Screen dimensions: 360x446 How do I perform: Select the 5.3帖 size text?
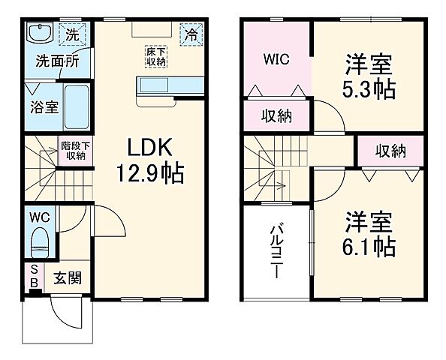tap(369, 90)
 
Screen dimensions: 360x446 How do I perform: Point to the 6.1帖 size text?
tap(370, 244)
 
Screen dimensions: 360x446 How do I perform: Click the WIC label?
tap(276, 58)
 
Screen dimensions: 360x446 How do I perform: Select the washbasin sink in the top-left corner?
tap(38, 33)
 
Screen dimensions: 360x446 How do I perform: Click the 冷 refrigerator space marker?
tap(193, 34)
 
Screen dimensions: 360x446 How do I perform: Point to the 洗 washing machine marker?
tap(72, 34)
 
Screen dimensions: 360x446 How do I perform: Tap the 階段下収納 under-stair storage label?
tap(75, 151)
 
